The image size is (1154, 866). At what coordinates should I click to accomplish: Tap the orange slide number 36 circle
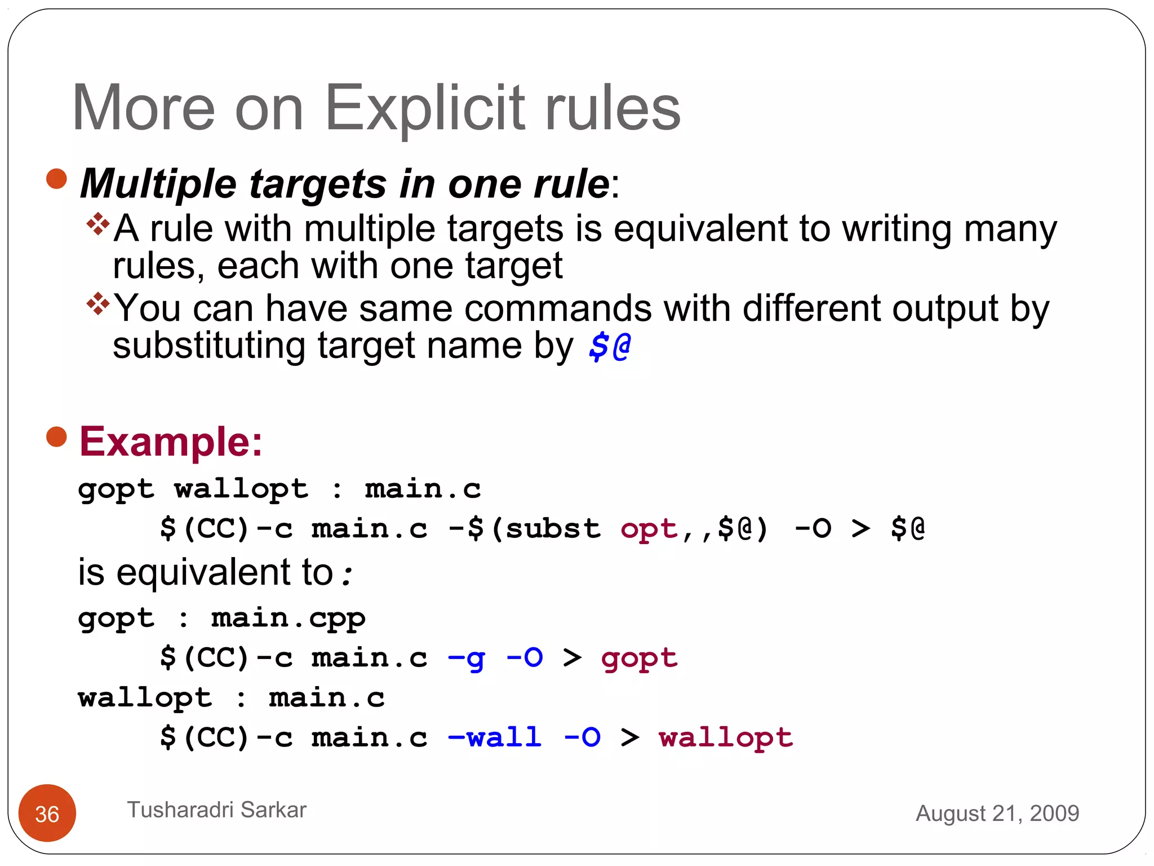[47, 813]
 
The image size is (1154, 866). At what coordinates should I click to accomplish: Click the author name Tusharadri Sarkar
[217, 810]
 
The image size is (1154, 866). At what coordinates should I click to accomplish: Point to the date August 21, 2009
[997, 814]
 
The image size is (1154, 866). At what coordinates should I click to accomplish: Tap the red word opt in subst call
[648, 529]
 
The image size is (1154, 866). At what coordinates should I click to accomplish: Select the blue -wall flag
[495, 737]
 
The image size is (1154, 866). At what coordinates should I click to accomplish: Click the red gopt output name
[639, 659]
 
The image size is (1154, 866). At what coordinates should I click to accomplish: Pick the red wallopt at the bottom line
[726, 737]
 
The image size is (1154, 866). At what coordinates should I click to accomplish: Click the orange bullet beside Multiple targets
[56, 179]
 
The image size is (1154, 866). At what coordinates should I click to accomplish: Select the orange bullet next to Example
[56, 436]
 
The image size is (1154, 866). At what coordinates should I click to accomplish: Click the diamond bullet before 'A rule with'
[98, 224]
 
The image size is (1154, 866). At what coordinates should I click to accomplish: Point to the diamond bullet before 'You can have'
[98, 304]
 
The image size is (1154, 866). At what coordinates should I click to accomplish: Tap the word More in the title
[144, 108]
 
